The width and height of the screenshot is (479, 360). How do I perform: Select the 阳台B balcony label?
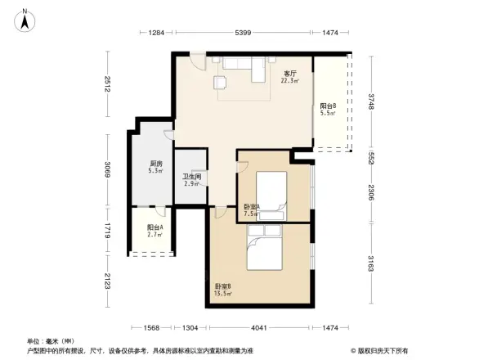327,108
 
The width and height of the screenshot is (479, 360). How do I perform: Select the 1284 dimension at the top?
157,33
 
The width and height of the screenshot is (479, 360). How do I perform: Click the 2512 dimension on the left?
107,85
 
